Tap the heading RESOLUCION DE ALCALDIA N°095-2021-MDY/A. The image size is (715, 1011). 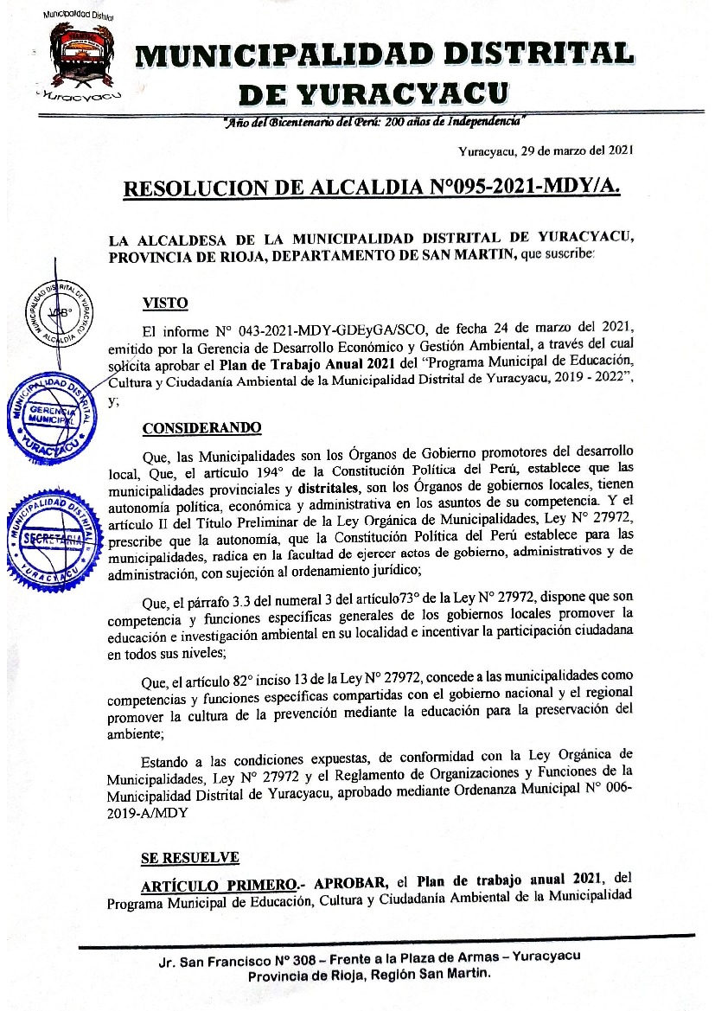(372, 187)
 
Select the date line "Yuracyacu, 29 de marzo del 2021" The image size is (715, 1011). (546, 150)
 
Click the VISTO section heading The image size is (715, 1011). (164, 303)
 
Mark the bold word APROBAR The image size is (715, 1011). (350, 884)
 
